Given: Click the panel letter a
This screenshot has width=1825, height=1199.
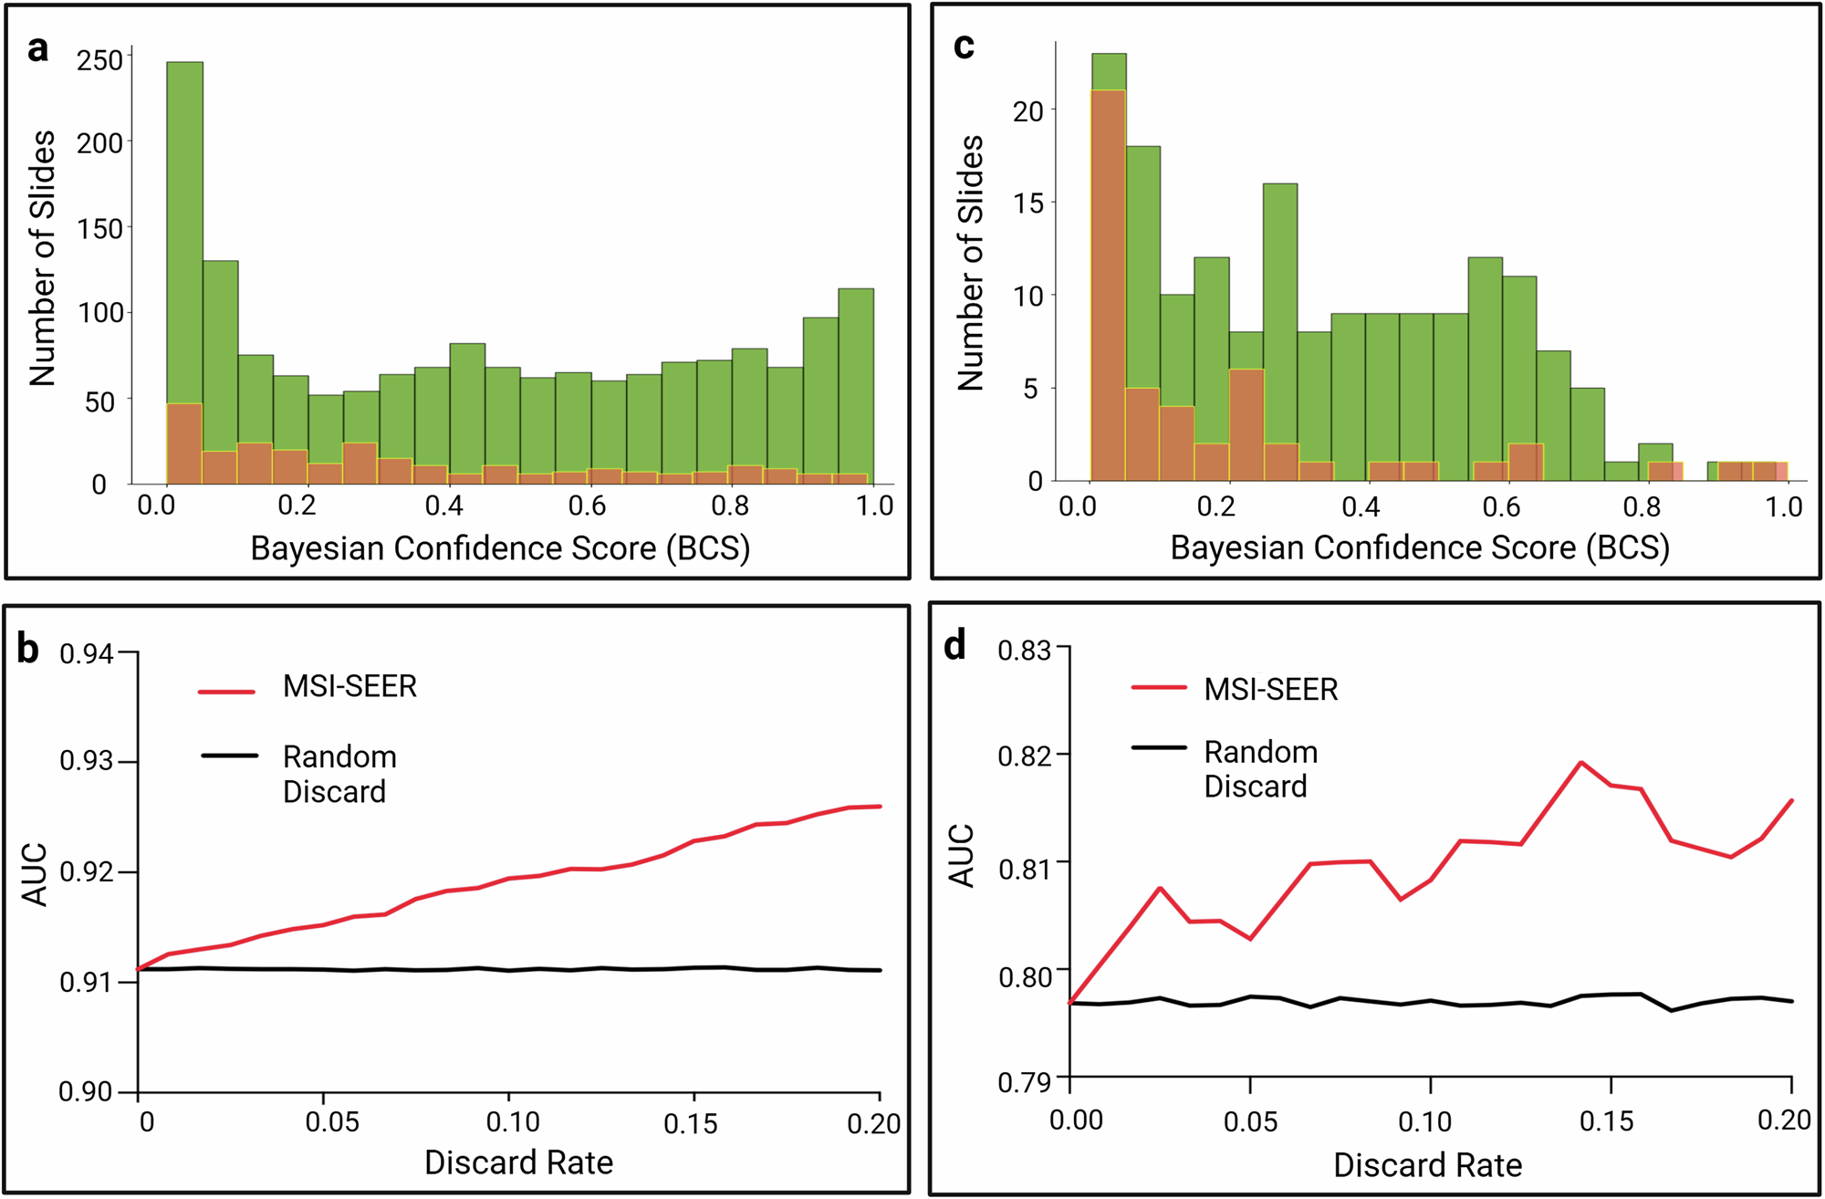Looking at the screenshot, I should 37,48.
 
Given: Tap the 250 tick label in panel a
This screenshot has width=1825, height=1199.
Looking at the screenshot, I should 99,60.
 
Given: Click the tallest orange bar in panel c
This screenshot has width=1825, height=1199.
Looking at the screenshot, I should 1108,283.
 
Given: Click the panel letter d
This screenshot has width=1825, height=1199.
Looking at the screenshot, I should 954,645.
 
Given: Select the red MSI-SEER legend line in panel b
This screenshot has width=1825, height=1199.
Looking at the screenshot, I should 226,692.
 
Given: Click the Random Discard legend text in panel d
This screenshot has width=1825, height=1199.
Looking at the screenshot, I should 1260,768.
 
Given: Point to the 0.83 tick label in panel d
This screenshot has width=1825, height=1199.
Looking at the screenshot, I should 1024,652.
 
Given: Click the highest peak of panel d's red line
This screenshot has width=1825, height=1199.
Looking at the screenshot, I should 1580,762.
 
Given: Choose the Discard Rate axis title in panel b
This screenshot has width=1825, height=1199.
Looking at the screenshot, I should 518,1163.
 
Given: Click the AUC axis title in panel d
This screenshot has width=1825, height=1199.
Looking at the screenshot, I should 961,855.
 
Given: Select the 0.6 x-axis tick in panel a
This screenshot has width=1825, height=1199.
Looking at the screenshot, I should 587,505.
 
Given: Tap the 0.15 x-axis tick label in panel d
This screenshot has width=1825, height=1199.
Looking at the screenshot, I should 1607,1121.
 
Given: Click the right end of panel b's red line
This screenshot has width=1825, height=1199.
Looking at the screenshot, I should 880,807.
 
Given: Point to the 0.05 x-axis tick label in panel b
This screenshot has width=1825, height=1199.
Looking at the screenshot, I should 332,1122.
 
